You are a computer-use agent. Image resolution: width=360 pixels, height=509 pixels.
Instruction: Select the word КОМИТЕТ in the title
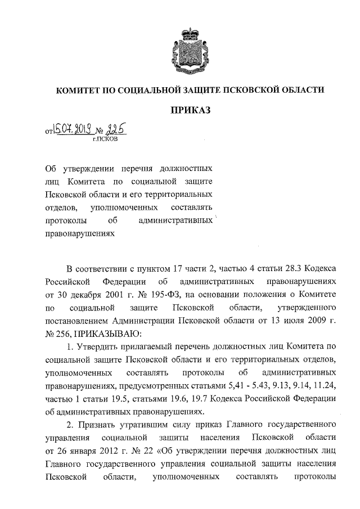[x=77, y=89]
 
